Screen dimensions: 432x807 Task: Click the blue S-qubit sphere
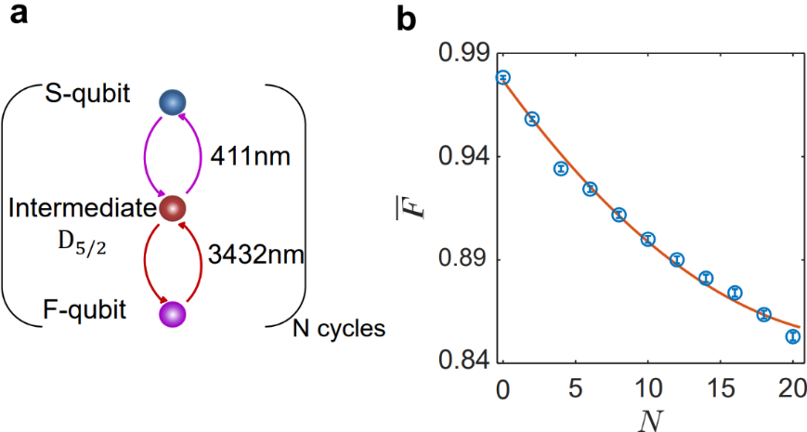pos(173,103)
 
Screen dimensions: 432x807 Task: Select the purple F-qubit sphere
pos(173,314)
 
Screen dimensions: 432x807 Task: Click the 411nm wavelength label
pos(252,154)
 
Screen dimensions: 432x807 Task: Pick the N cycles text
pos(338,328)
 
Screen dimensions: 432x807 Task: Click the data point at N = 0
pos(503,77)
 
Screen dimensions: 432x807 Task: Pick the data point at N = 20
pos(792,336)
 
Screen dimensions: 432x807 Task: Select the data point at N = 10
pos(648,239)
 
